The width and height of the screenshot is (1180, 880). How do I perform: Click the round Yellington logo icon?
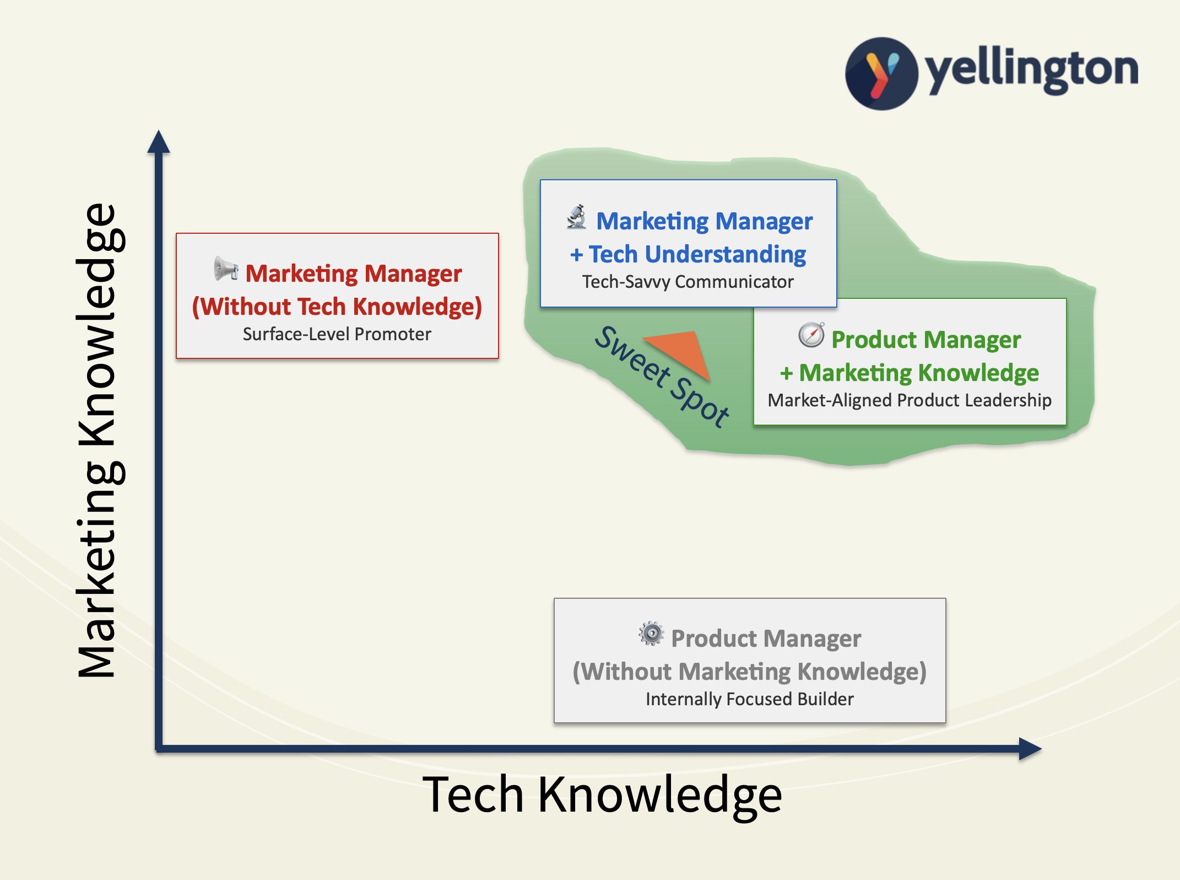point(881,73)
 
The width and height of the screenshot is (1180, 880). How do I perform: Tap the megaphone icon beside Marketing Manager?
point(226,269)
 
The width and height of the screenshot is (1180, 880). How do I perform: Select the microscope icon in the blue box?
point(577,217)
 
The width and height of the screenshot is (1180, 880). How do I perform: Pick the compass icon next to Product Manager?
point(811,335)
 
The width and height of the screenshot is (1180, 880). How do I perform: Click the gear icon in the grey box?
point(651,634)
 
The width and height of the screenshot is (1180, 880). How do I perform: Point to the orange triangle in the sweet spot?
point(682,353)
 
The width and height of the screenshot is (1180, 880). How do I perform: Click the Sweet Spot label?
point(662,377)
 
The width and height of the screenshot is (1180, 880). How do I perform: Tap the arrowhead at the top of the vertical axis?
point(159,142)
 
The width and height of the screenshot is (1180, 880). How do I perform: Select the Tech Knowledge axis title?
point(602,795)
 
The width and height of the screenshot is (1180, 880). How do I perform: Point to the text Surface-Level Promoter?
point(337,334)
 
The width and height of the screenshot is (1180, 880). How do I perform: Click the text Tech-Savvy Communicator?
point(688,282)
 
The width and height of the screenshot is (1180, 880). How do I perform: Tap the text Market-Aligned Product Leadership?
point(910,400)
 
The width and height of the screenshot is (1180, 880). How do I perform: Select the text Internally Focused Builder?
point(750,699)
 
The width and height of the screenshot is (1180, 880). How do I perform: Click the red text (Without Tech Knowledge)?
point(337,307)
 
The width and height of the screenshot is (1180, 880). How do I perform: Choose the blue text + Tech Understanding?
point(688,254)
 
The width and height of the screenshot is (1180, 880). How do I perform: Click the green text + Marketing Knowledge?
point(910,373)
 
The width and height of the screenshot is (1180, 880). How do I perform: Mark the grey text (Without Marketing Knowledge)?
point(750,672)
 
